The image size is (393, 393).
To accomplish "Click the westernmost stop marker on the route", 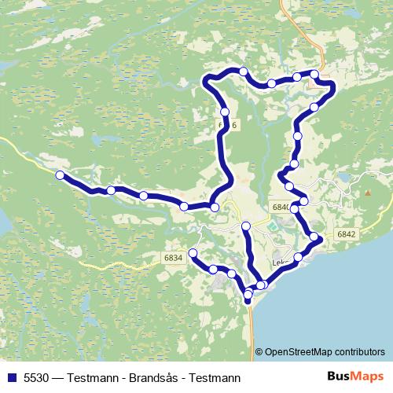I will pos(60,175).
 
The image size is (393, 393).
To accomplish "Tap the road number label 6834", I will pos(174,257).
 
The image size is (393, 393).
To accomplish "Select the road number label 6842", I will pos(346,233).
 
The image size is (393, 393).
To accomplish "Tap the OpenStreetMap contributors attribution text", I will pos(325,352).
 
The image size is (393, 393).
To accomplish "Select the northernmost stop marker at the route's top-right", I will pos(314,74).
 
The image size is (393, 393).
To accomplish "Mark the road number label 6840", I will pos(281,206).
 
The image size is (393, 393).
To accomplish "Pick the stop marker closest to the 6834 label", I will pos(193,252).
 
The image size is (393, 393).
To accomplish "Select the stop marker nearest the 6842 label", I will pos(314,237).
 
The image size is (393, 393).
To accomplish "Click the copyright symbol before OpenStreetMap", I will pos(259,352).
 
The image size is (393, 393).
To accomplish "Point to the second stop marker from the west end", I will pos(112,190).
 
